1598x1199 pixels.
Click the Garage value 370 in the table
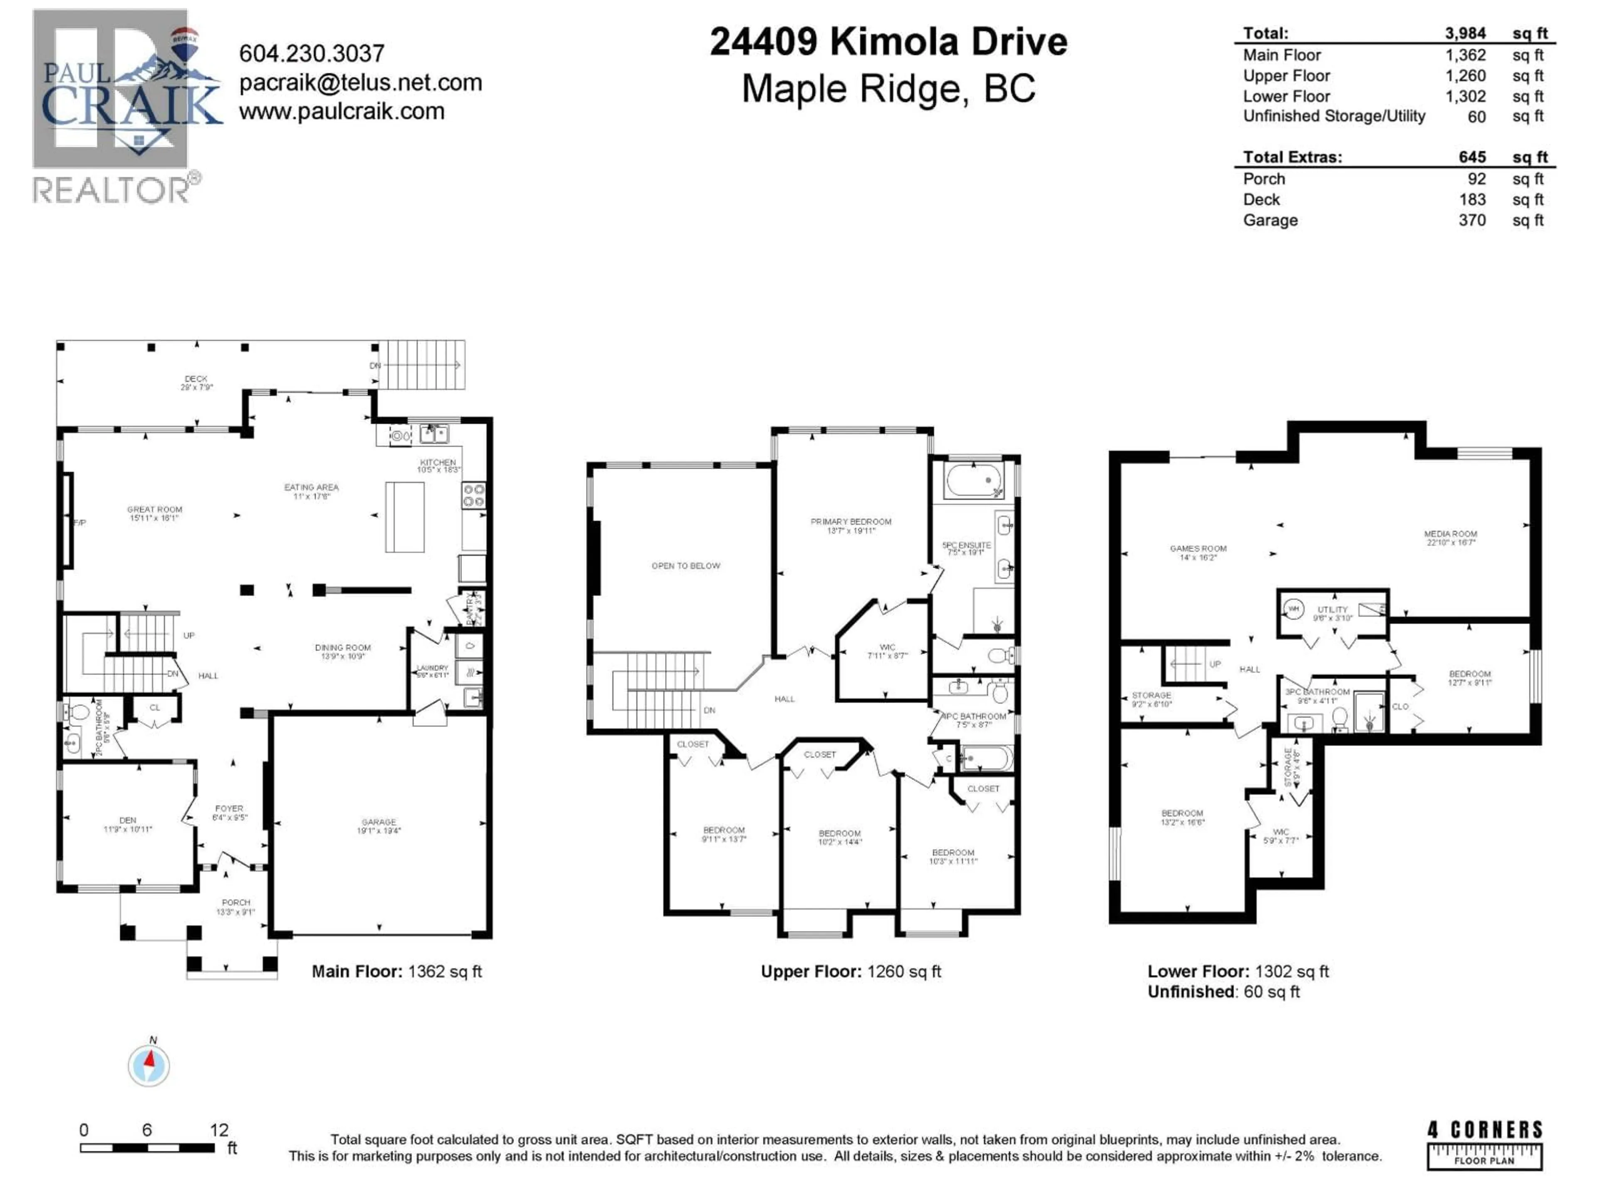click(x=1471, y=220)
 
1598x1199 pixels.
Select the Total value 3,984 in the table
click(x=1465, y=33)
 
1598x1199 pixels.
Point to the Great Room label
click(x=155, y=510)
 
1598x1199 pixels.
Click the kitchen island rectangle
click(x=404, y=517)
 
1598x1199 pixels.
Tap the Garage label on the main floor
click(x=379, y=823)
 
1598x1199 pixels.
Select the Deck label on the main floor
click(x=196, y=379)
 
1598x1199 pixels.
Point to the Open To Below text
click(x=685, y=566)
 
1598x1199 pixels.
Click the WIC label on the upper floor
click(x=887, y=647)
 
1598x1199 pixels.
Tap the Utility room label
click(x=1332, y=610)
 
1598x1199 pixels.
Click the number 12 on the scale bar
click(x=219, y=1130)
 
